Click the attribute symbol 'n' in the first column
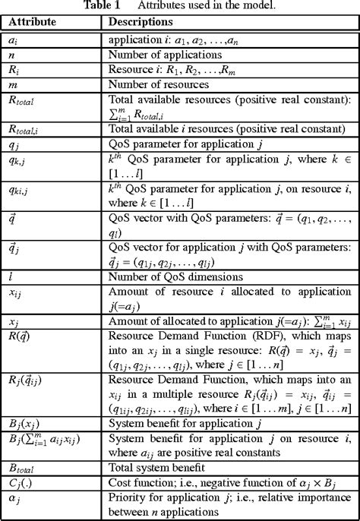point(11,55)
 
